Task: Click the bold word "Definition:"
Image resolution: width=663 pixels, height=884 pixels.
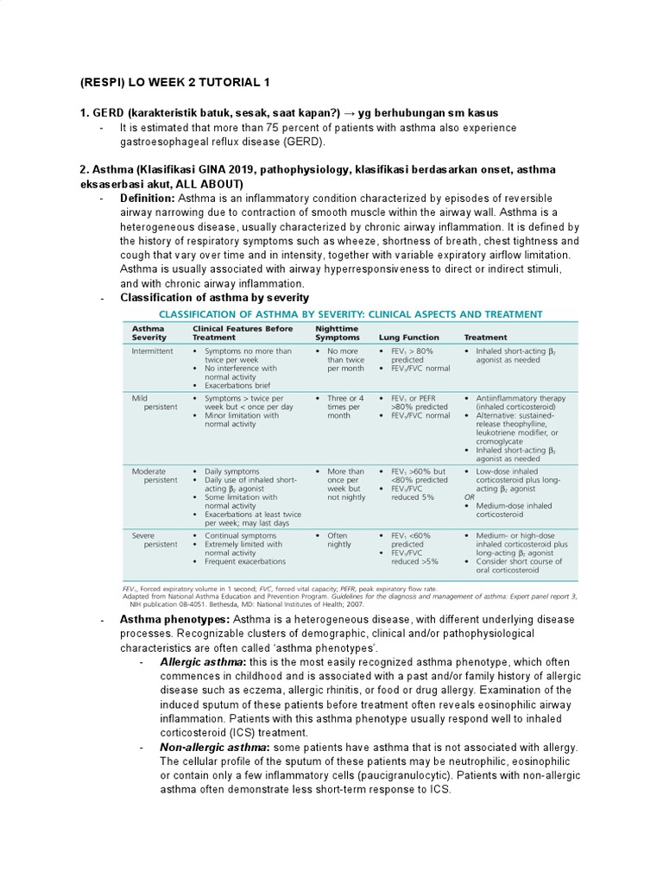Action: click(148, 199)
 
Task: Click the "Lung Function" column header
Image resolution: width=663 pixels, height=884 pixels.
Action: click(409, 338)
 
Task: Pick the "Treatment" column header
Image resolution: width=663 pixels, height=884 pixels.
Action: click(486, 338)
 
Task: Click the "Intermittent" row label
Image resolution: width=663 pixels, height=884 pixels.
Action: click(152, 352)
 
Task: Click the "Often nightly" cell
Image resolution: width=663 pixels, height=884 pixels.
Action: click(339, 540)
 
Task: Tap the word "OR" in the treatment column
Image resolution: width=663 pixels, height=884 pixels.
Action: click(470, 497)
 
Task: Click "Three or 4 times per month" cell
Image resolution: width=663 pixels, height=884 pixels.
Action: click(344, 407)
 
